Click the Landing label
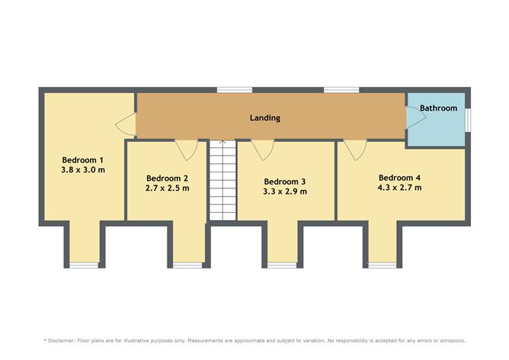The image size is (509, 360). (x=265, y=117)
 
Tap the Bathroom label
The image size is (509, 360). (x=438, y=108)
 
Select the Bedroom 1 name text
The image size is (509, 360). (x=83, y=160)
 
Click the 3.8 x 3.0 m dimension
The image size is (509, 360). (x=83, y=169)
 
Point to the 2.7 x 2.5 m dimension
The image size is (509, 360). (x=167, y=188)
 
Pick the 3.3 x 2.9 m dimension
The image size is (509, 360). (x=285, y=191)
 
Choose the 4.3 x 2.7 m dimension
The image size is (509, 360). (x=399, y=188)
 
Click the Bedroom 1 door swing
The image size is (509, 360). (x=126, y=124)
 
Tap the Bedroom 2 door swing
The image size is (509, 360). (x=186, y=149)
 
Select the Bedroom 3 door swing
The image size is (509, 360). (x=263, y=149)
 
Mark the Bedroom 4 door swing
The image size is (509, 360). (x=355, y=149)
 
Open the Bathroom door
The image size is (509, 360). (x=416, y=117)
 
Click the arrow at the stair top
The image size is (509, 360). (x=222, y=143)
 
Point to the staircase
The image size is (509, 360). (x=222, y=180)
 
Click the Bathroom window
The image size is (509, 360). (x=468, y=120)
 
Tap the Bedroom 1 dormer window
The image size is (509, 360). (x=84, y=265)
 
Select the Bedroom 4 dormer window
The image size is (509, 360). (x=383, y=265)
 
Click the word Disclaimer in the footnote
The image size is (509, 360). (x=62, y=340)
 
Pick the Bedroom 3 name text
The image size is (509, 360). (x=285, y=182)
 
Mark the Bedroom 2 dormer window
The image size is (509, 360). (x=187, y=265)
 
